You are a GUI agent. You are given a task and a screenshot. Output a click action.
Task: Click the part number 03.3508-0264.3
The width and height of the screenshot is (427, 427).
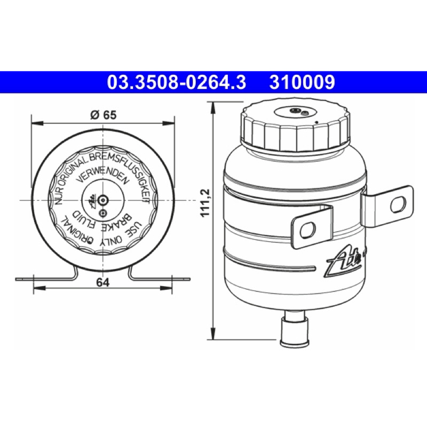177,82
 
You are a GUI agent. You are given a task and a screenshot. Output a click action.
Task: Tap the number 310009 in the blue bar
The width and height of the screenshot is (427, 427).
302,82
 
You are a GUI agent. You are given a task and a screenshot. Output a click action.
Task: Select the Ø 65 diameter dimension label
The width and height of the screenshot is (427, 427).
103,115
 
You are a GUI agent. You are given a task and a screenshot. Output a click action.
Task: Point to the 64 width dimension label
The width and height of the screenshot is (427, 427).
102,282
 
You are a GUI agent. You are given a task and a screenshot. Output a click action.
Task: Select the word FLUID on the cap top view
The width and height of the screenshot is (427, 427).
84,219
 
